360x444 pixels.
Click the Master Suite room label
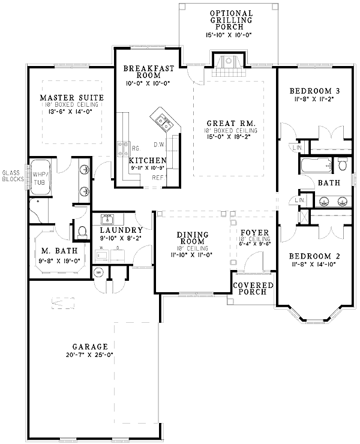coord(72,97)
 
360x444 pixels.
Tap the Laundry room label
coord(121,230)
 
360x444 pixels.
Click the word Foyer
coord(254,232)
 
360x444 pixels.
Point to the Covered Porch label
coord(253,289)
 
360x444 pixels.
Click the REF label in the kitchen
coord(158,178)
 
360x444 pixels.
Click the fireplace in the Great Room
coord(228,62)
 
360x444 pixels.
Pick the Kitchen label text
coord(147,161)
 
